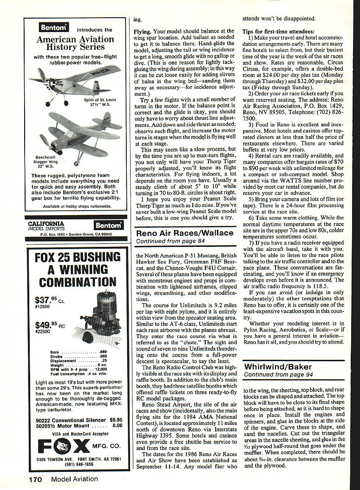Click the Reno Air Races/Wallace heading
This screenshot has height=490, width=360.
184,232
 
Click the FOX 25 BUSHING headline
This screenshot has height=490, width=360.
78,257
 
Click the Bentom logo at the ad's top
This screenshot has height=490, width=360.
54,28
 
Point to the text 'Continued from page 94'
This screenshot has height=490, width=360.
272,375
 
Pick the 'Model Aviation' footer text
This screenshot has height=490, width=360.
74,479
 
